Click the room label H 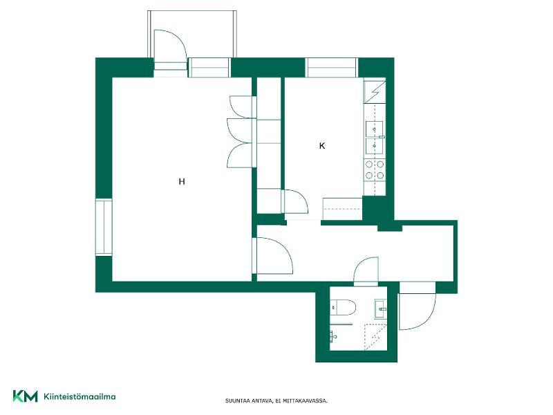click(x=182, y=182)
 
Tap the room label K click(x=322, y=146)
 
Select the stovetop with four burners click(x=375, y=169)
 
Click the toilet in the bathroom click(x=344, y=307)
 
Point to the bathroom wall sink click(x=381, y=308)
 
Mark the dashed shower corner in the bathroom click(x=375, y=337)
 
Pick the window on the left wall click(x=104, y=228)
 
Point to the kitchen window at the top click(x=331, y=67)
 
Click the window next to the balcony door click(x=209, y=67)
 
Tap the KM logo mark click(x=25, y=396)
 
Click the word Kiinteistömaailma click(x=79, y=396)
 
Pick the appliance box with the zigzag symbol click(x=375, y=92)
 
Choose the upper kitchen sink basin click(x=374, y=129)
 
